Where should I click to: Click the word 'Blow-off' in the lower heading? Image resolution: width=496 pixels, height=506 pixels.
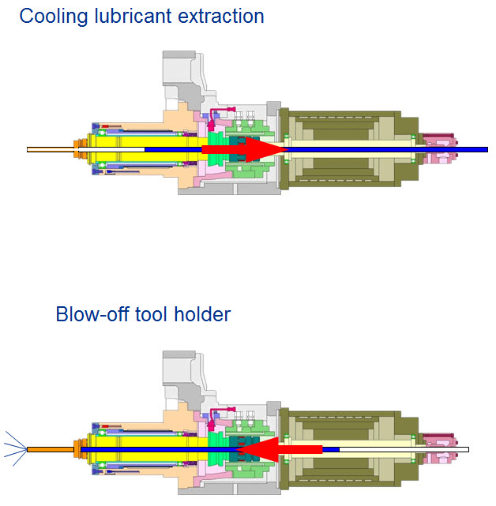coord(90,314)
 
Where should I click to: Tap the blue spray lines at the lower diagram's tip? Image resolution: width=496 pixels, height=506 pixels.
coord(13,449)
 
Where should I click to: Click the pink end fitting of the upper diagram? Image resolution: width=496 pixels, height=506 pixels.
coord(435,148)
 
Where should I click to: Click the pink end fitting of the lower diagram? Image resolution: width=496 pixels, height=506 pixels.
coord(435,449)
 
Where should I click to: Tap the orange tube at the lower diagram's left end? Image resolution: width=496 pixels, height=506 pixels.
coord(50,449)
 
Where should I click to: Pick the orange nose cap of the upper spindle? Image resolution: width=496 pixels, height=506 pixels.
coord(79,148)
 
